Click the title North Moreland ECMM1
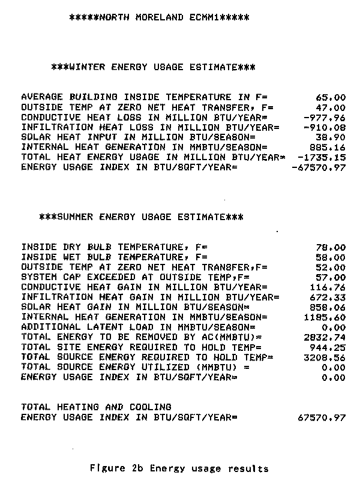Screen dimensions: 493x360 [x=159, y=18]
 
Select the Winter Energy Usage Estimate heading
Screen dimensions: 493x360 [x=154, y=67]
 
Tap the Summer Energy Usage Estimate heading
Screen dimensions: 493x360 [x=141, y=217]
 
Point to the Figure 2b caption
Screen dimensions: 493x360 [x=178, y=468]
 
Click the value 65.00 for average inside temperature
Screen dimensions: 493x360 [x=331, y=97]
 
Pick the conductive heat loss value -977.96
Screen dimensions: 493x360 [x=325, y=118]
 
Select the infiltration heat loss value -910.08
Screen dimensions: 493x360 [x=325, y=127]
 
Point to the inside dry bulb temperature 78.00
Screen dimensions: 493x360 [x=331, y=247]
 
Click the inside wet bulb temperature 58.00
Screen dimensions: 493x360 [x=331, y=257]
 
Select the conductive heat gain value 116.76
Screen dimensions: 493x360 [x=328, y=287]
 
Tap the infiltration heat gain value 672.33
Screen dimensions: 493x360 [x=328, y=297]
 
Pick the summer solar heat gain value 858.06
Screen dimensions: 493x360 [x=328, y=307]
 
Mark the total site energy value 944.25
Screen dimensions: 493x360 [x=328, y=347]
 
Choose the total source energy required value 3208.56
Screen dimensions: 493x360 [x=325, y=357]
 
